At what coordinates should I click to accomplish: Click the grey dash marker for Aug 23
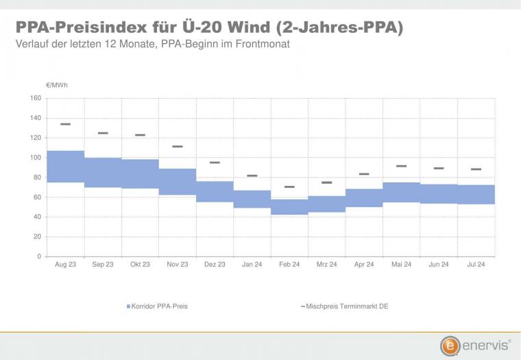tap(65, 124)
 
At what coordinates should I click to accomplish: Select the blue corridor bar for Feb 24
tap(289, 207)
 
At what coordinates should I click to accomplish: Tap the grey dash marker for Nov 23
tap(178, 146)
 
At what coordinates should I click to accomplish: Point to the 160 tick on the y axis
tap(36, 98)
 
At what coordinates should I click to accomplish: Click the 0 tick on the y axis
tap(39, 256)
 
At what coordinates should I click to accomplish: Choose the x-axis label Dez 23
tap(215, 264)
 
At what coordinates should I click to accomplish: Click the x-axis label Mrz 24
tap(326, 264)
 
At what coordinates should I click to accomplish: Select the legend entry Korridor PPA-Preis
tap(157, 306)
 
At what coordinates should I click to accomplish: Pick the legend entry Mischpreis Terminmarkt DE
tap(345, 306)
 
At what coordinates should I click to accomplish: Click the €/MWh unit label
tap(57, 85)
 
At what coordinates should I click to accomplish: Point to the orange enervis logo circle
tap(450, 346)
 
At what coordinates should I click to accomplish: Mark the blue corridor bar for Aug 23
tap(65, 167)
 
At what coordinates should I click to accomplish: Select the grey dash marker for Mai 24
tap(402, 166)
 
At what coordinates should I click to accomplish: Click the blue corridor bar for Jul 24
tap(476, 195)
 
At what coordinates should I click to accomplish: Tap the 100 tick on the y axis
tap(36, 158)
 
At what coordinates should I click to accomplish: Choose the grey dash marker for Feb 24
tap(289, 187)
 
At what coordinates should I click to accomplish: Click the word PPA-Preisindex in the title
tap(82, 27)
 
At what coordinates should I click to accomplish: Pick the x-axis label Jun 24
tap(439, 264)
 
